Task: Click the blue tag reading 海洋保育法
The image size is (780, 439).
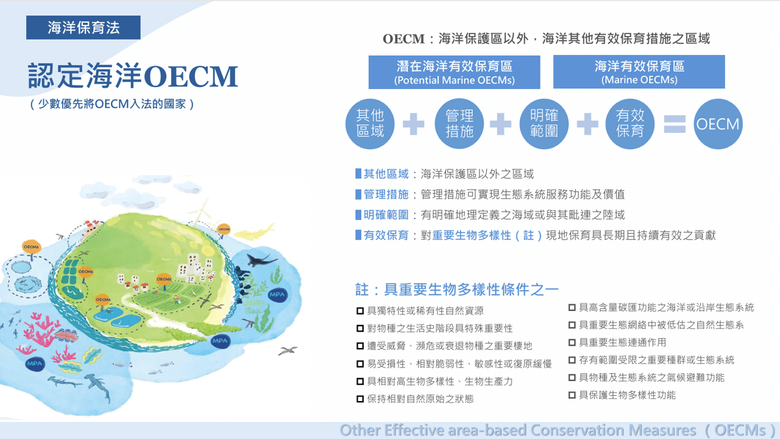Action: click(83, 27)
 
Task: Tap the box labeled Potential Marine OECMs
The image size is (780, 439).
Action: click(454, 73)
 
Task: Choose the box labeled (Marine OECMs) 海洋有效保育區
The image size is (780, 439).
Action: click(639, 72)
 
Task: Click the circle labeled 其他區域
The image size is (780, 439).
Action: click(370, 124)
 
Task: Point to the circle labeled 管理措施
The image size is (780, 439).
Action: click(459, 124)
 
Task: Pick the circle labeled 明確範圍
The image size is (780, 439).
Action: click(544, 124)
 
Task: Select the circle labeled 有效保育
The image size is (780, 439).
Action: click(630, 124)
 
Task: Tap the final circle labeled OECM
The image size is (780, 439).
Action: click(718, 124)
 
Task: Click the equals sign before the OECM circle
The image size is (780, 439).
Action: click(674, 124)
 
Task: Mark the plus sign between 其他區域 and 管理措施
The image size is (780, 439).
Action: click(414, 124)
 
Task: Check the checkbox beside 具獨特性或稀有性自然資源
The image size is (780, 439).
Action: click(360, 311)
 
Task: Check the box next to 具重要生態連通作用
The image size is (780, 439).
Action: click(572, 343)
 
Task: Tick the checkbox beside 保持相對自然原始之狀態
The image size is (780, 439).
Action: click(360, 399)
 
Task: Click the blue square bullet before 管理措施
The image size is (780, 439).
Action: click(358, 195)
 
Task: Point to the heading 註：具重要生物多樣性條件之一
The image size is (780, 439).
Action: click(457, 289)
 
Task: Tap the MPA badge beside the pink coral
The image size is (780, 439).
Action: click(34, 364)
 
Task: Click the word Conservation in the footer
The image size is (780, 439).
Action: click(570, 430)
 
